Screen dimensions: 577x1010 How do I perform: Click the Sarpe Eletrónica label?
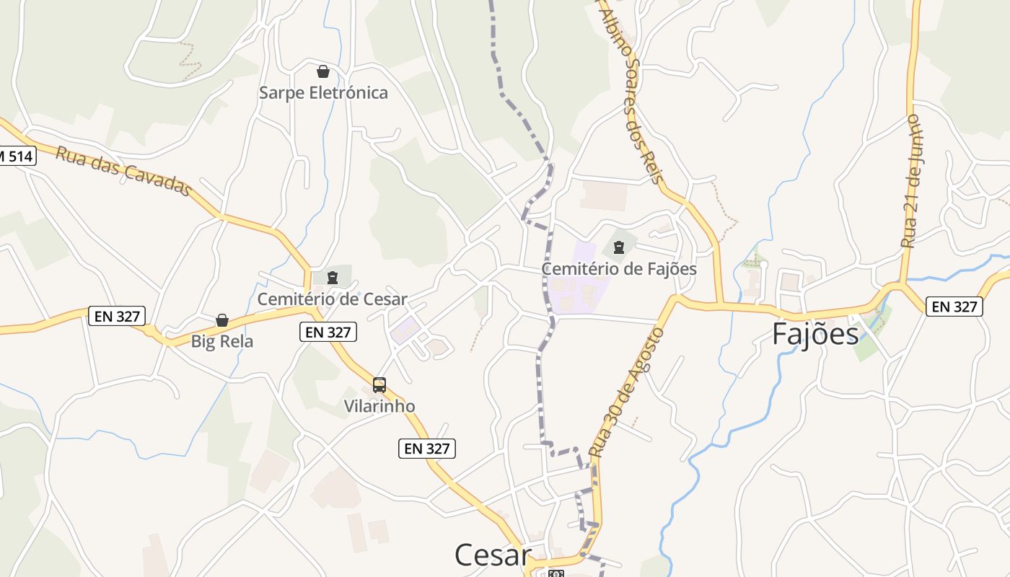click(323, 93)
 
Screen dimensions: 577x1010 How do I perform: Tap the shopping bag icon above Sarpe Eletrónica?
click(323, 71)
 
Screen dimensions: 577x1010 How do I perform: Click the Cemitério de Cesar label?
click(333, 299)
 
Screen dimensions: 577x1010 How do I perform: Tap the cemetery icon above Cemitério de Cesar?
click(333, 278)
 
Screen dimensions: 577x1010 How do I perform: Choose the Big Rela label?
click(222, 341)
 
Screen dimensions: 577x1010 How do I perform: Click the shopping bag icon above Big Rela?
click(222, 320)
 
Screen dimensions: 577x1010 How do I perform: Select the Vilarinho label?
click(379, 406)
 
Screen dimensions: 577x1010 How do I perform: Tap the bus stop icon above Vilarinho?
click(379, 385)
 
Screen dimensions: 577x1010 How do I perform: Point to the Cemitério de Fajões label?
click(619, 269)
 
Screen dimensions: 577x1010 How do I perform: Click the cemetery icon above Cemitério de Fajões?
click(618, 248)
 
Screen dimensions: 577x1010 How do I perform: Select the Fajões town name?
click(815, 335)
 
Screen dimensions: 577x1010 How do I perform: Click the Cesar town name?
click(493, 555)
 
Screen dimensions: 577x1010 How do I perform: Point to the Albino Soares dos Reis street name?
click(631, 94)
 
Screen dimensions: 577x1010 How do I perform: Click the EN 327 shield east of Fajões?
click(954, 307)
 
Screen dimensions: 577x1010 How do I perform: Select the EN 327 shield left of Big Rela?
click(117, 315)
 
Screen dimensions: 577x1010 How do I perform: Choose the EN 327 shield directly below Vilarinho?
click(427, 449)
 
